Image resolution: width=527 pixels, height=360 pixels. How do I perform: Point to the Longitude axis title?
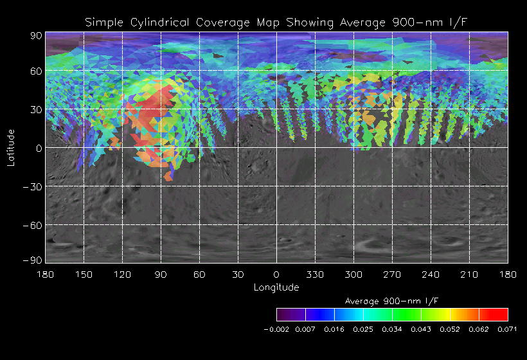pyautogui.click(x=276, y=287)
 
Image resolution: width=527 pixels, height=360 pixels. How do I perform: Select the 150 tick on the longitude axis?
pyautogui.click(x=84, y=275)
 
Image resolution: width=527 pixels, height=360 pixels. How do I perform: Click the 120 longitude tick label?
pyautogui.click(x=122, y=275)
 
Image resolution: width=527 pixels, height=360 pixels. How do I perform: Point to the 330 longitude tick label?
pyautogui.click(x=315, y=275)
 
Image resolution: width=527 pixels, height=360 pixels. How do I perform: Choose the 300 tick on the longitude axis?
pyautogui.click(x=353, y=275)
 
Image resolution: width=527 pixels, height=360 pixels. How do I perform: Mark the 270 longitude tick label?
pyautogui.click(x=392, y=275)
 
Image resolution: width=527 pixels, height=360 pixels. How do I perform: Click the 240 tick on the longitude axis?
pyautogui.click(x=431, y=275)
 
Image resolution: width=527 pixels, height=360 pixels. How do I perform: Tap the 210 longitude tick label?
pyautogui.click(x=469, y=275)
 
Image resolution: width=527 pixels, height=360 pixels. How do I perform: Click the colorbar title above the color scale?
pyautogui.click(x=392, y=301)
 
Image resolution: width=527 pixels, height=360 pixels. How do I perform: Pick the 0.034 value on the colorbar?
pyautogui.click(x=392, y=329)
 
